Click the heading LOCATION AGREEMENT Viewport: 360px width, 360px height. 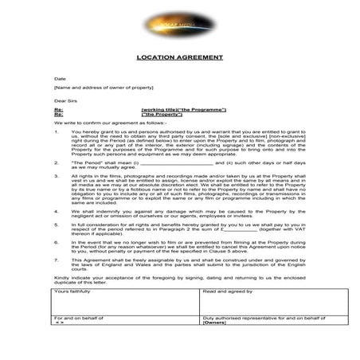pyautogui.click(x=178, y=58)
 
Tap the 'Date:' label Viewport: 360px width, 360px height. pyautogui.click(x=60, y=79)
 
